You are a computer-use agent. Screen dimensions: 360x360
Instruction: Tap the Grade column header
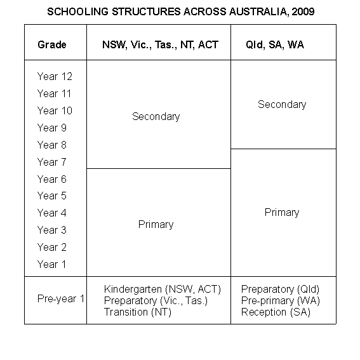52,45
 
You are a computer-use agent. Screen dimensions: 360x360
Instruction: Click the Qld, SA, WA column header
275,45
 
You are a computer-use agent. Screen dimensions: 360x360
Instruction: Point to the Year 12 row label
55,76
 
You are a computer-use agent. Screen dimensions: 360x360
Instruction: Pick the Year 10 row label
55,110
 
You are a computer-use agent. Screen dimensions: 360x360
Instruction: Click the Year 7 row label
51,162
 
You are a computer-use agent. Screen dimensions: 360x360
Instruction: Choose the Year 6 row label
51,179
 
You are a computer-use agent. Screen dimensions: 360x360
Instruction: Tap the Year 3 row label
51,230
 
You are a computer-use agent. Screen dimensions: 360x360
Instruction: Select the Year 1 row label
51,264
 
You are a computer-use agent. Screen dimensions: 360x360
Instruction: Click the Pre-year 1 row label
61,299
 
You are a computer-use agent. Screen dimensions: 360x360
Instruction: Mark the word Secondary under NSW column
156,116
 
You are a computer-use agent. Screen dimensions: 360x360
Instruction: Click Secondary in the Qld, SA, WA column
282,104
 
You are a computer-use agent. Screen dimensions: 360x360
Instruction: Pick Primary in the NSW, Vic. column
156,224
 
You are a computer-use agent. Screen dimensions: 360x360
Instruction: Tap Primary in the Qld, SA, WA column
282,212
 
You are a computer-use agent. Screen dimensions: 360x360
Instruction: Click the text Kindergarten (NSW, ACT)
163,289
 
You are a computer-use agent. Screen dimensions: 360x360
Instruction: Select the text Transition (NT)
138,312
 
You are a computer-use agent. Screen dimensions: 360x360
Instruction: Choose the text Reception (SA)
276,312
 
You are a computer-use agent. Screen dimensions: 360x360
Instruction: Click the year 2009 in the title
303,12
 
